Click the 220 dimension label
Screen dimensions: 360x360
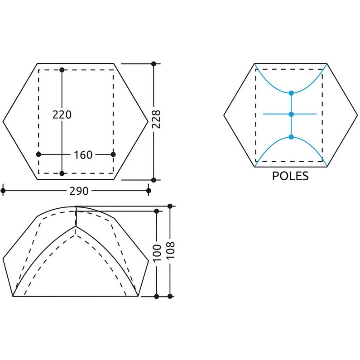click(62, 115)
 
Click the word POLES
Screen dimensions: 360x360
click(290, 176)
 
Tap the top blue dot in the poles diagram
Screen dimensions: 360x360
click(291, 93)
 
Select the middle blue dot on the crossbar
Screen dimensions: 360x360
click(291, 114)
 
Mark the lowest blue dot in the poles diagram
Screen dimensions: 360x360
click(291, 137)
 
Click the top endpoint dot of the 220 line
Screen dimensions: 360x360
click(62, 70)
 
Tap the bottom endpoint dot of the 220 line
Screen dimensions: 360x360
click(62, 173)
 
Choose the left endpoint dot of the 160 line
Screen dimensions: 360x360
click(38, 154)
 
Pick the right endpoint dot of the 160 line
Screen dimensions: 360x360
click(113, 154)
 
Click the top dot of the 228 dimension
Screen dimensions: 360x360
click(154, 63)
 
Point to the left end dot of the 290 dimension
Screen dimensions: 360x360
click(3, 190)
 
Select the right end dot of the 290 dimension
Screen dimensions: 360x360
click(149, 190)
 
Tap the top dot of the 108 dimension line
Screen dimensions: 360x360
click(170, 206)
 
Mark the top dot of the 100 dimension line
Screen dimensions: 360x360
click(157, 211)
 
